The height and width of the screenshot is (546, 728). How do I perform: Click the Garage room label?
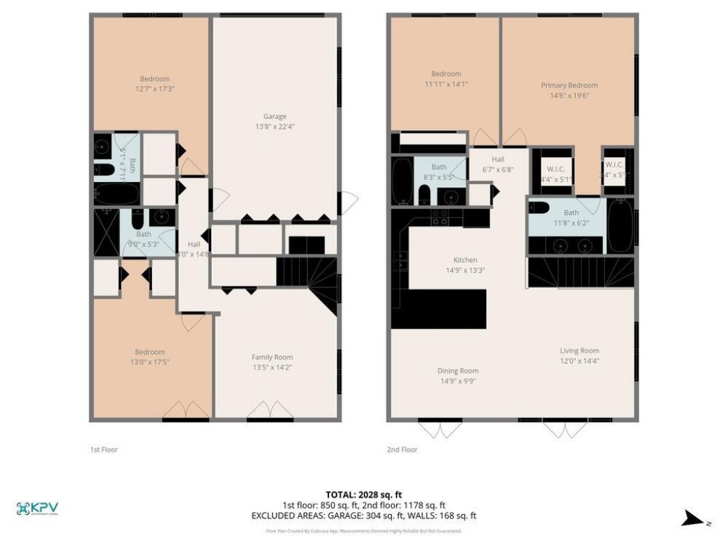pos(274,117)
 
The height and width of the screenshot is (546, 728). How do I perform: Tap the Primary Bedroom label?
pos(569,85)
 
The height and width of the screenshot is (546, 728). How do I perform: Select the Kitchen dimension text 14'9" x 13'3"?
pos(465,270)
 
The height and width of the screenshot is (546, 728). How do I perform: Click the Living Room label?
pos(579,350)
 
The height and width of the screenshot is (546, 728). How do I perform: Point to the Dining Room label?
pos(457,370)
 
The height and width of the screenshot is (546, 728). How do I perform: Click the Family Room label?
pos(272,358)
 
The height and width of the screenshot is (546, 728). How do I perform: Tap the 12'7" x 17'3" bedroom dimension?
pos(154,89)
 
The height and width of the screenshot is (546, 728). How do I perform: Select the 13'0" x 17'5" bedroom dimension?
pos(150,362)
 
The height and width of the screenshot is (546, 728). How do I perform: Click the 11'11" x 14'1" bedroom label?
pos(446,84)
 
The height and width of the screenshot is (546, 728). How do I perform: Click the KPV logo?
pos(37,508)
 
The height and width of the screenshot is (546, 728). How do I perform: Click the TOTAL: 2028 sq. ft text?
pos(363,494)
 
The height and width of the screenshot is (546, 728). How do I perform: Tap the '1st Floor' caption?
pos(103,449)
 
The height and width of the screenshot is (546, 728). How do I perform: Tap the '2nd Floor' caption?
pos(402,449)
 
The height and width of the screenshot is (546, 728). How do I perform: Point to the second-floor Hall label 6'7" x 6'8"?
pos(498,165)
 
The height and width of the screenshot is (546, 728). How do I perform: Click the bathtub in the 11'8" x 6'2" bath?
pos(621,225)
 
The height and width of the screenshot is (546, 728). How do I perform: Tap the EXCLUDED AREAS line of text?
pos(363,516)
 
